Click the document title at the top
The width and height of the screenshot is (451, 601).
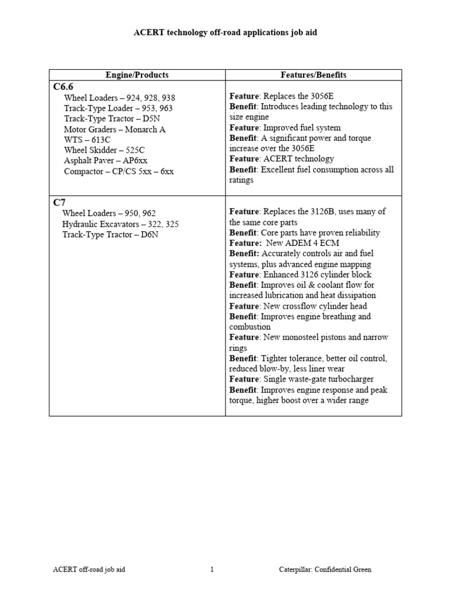[x=225, y=33]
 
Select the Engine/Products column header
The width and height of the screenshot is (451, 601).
[x=137, y=75]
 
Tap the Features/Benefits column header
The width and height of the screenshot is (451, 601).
[x=314, y=75]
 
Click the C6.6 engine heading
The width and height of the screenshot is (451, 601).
[x=63, y=87]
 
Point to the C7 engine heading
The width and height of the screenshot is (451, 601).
[x=59, y=202]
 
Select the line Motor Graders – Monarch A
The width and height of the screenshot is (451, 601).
[x=115, y=130]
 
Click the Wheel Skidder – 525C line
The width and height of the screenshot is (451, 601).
[x=104, y=150]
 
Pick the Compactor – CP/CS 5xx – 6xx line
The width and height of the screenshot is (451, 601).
[x=119, y=171]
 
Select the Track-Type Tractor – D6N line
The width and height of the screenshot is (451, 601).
[x=110, y=234]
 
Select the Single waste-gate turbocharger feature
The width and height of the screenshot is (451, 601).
[x=301, y=379]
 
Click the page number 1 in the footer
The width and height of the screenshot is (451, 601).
[x=212, y=569]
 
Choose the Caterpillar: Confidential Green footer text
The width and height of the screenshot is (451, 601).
[x=325, y=569]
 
